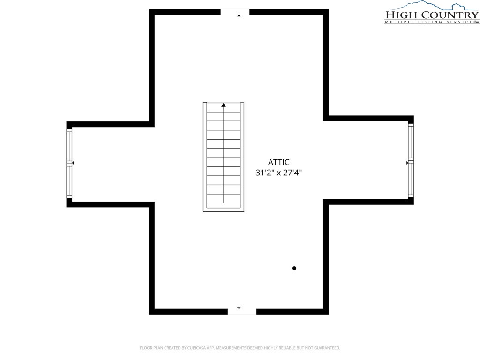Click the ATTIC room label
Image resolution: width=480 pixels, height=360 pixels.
point(278,162)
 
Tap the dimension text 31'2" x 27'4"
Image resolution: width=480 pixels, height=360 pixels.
point(278,172)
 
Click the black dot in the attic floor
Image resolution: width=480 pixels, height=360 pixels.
point(294,268)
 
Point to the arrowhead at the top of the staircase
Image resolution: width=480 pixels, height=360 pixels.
point(224,105)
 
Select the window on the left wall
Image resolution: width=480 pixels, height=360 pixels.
point(69,164)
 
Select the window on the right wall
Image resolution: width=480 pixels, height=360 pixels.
point(411,160)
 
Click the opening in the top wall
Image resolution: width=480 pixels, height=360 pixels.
point(235,12)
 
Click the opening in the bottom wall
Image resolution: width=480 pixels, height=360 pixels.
point(242,312)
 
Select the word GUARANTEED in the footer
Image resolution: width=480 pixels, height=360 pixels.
point(329,348)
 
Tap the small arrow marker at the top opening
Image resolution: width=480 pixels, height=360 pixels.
point(239,15)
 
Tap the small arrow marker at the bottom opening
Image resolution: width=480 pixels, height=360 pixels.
point(239,308)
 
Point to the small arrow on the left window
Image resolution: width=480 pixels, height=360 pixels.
point(73,163)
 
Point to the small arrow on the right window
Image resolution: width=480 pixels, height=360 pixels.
point(407,163)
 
